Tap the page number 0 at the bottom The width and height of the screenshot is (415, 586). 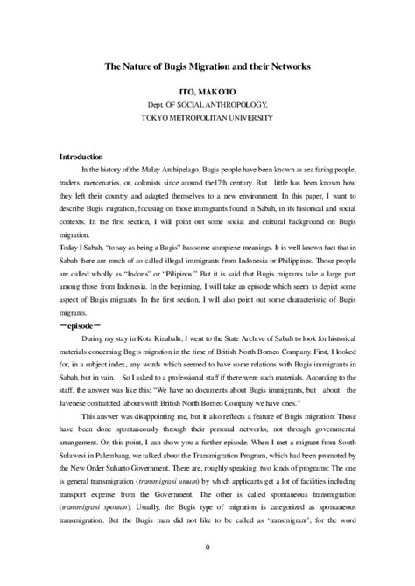pyautogui.click(x=207, y=548)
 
